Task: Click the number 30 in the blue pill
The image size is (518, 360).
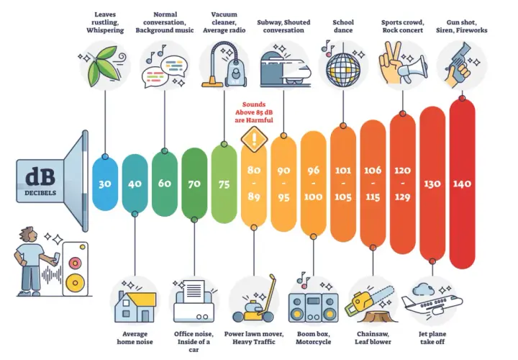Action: (x=105, y=184)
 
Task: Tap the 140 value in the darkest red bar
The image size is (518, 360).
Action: (x=462, y=184)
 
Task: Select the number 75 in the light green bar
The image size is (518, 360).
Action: (x=224, y=184)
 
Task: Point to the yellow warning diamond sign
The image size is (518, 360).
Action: (x=254, y=139)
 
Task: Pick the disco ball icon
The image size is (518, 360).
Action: (x=343, y=69)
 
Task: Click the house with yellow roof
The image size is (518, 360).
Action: (x=135, y=306)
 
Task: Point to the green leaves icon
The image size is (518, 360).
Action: (x=103, y=66)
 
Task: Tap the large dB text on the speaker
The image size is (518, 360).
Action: (x=40, y=177)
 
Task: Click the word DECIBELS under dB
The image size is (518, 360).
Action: (x=40, y=193)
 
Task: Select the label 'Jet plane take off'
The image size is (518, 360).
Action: (x=432, y=338)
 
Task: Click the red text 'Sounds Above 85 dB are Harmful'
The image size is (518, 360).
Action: (x=254, y=112)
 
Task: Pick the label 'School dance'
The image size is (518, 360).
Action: (x=343, y=26)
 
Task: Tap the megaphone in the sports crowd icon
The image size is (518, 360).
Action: (x=412, y=68)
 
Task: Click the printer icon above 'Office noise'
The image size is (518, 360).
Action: (x=194, y=302)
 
